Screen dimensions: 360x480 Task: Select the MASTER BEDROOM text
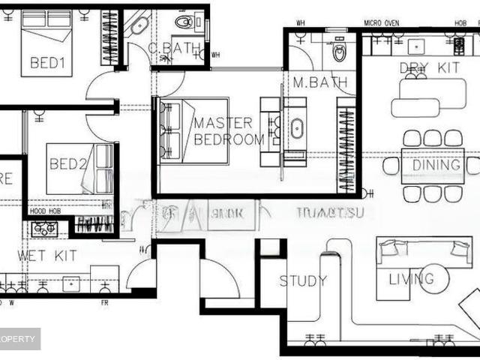click(x=229, y=130)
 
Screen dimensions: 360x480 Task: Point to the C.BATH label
click(x=174, y=49)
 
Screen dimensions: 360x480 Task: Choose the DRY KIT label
click(x=429, y=68)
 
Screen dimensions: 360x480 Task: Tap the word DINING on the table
click(x=436, y=165)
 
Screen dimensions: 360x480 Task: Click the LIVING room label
click(x=411, y=279)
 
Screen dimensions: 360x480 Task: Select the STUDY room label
click(x=303, y=281)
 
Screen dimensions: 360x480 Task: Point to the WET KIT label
click(x=47, y=256)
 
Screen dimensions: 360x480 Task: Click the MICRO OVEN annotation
click(x=382, y=23)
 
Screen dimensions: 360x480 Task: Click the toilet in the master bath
click(x=340, y=53)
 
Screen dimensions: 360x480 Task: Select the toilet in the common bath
click(x=184, y=22)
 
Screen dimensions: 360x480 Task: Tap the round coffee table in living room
click(x=433, y=279)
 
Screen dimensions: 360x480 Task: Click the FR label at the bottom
click(x=105, y=302)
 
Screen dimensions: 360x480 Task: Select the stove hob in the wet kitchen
click(x=43, y=226)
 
